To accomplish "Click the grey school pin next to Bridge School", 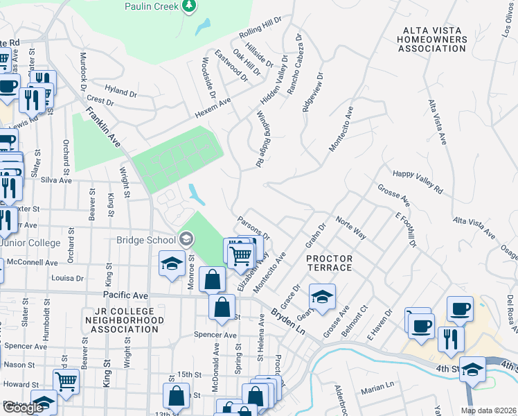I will pos(186,239).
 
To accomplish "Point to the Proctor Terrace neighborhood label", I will pos(330,263).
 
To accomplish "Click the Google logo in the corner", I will pos(23,408).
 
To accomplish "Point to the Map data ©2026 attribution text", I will pos(488,410).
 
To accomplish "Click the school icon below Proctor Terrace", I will pos(322,296).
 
